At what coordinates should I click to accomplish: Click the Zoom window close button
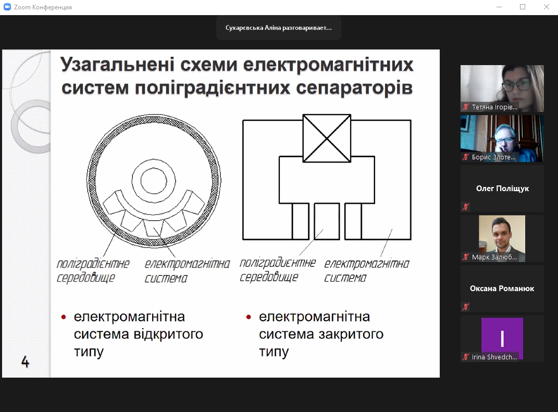[546, 7]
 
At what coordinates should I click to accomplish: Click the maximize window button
[523, 7]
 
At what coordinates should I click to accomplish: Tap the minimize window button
[499, 7]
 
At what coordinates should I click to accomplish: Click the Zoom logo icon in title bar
[7, 7]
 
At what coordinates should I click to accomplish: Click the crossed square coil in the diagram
[327, 138]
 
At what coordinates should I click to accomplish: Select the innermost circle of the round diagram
[154, 180]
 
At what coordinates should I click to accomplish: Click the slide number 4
[25, 361]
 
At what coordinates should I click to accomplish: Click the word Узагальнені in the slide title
[117, 65]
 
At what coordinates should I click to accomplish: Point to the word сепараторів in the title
[354, 88]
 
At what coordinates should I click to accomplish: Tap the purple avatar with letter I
[502, 339]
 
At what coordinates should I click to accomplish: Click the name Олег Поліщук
[502, 189]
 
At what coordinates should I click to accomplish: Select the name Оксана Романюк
[502, 289]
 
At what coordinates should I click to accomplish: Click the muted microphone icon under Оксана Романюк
[465, 306]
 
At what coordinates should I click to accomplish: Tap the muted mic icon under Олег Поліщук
[465, 206]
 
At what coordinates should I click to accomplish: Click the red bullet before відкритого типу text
[64, 317]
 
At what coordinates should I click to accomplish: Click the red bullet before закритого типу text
[249, 317]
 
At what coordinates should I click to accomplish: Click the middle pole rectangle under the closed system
[327, 221]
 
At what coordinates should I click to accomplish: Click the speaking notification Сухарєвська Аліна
[279, 28]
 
